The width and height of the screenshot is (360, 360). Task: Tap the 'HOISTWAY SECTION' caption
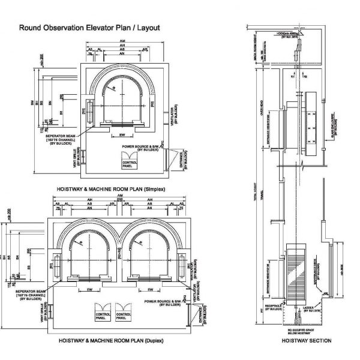coord(310,340)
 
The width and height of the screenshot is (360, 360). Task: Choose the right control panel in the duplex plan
coord(124,313)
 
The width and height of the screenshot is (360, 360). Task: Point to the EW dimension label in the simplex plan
coord(122,136)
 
